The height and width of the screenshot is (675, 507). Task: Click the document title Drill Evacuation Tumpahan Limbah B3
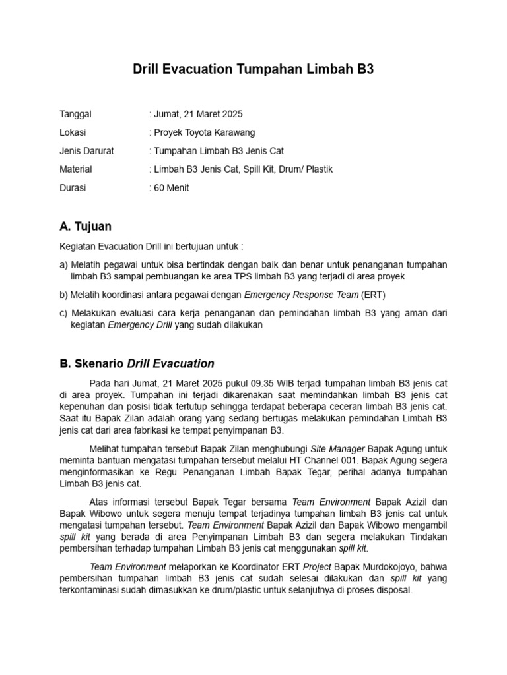point(253,69)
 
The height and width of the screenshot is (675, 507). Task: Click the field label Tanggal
point(76,114)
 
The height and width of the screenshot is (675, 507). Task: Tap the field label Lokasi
point(73,132)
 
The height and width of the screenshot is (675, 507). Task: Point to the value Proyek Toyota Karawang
point(204,132)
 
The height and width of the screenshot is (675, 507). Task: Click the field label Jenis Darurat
point(86,151)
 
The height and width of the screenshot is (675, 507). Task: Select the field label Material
point(76,169)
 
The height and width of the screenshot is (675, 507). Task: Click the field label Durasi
point(73,188)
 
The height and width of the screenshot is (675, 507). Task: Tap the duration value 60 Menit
point(172,188)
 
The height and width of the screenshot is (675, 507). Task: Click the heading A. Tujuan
point(85,227)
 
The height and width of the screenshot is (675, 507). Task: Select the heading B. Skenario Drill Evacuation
point(137,363)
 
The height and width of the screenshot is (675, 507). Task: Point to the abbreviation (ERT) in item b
point(374,295)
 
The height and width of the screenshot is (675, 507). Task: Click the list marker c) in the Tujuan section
point(63,313)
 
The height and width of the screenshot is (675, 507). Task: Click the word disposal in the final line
point(393,591)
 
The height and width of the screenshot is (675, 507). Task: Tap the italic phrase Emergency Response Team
point(301,295)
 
